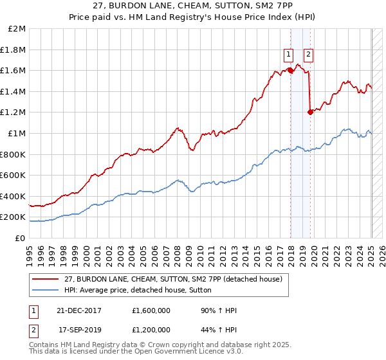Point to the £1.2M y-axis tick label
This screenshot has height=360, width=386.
point(14,113)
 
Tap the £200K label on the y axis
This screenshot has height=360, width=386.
point(14,217)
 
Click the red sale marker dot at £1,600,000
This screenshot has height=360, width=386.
point(290,71)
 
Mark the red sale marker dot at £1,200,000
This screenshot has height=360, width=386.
point(310,112)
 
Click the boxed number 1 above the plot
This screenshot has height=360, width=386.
point(289,54)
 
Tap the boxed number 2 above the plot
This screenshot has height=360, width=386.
point(309,54)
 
